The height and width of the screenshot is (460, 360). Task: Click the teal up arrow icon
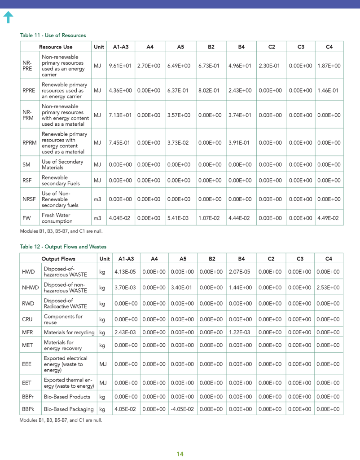pos(8,18)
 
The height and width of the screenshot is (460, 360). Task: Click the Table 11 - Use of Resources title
pos(53,35)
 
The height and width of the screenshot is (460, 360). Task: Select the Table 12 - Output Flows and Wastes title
pos(63,247)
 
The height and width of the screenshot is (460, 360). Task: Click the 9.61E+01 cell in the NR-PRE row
pos(120,66)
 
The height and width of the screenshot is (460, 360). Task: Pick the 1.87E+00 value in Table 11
pos(329,66)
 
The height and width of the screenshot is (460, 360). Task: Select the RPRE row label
pos(29,90)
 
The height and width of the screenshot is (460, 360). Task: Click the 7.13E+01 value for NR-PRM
pos(120,115)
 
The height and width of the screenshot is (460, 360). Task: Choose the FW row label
pos(26,218)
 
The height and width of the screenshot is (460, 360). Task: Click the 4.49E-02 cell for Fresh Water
pos(329,218)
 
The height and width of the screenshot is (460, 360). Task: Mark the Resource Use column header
pos(56,47)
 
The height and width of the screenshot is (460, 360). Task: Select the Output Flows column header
pos(58,259)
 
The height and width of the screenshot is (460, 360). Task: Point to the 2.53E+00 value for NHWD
pos(329,287)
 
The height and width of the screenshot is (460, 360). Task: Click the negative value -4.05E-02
pos(182,409)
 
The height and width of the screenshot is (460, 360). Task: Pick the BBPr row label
pos(28,397)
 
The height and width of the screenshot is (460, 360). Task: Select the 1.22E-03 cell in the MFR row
pos(241,332)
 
